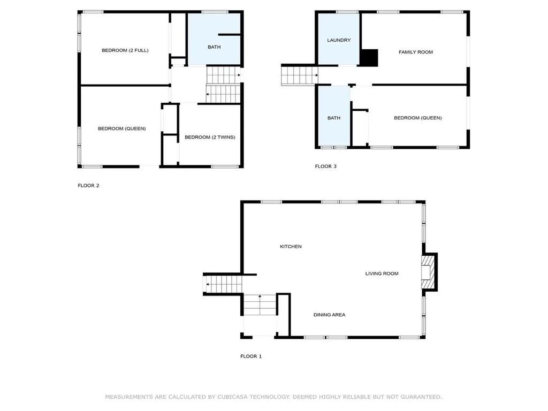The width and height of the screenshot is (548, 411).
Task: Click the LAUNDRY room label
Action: [339, 40]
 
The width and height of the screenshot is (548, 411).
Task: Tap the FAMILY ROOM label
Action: [415, 52]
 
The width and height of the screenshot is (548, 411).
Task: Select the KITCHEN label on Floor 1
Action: [291, 246]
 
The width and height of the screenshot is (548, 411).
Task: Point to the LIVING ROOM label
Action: [382, 273]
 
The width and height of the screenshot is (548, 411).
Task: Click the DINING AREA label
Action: [329, 315]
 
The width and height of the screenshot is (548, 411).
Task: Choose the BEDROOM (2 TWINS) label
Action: [210, 137]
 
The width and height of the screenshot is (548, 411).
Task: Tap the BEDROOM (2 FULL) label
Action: [125, 50]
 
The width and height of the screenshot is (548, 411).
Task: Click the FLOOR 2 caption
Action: [88, 186]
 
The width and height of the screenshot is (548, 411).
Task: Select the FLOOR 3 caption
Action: [326, 166]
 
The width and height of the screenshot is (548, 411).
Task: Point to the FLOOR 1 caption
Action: [251, 356]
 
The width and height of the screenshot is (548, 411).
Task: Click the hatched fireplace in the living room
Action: [428, 272]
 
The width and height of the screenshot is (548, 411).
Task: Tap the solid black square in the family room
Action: [369, 58]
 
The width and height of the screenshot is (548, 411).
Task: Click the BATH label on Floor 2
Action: [214, 47]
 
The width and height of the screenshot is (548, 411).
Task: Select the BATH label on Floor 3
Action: [334, 118]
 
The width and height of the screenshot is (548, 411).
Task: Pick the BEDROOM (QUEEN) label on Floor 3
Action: [417, 118]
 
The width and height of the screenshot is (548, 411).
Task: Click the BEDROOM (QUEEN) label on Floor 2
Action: [121, 128]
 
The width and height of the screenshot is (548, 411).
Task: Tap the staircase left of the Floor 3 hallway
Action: [300, 75]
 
